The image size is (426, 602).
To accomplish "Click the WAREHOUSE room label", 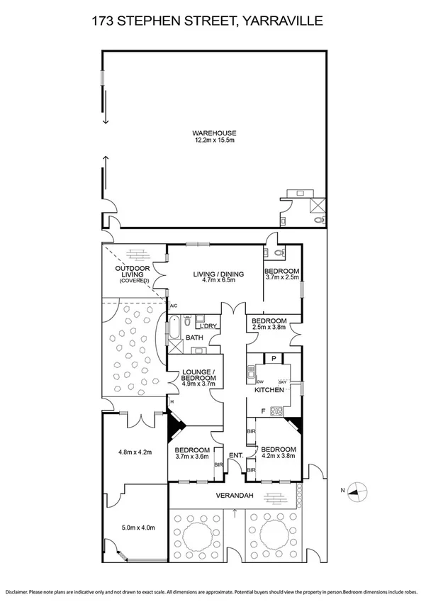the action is click(214, 133).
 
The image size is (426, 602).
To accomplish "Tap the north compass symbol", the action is click(359, 489).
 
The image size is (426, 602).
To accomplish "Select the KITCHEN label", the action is click(270, 391).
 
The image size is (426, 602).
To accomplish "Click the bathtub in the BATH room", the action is click(174, 330).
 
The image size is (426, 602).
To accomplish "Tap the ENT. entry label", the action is click(235, 455).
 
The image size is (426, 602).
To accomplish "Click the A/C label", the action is click(173, 306).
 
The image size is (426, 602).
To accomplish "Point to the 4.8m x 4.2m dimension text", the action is click(135, 452).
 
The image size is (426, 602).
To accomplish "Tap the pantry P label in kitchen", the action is click(274, 359).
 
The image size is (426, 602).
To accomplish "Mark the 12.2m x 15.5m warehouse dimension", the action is click(214, 140).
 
